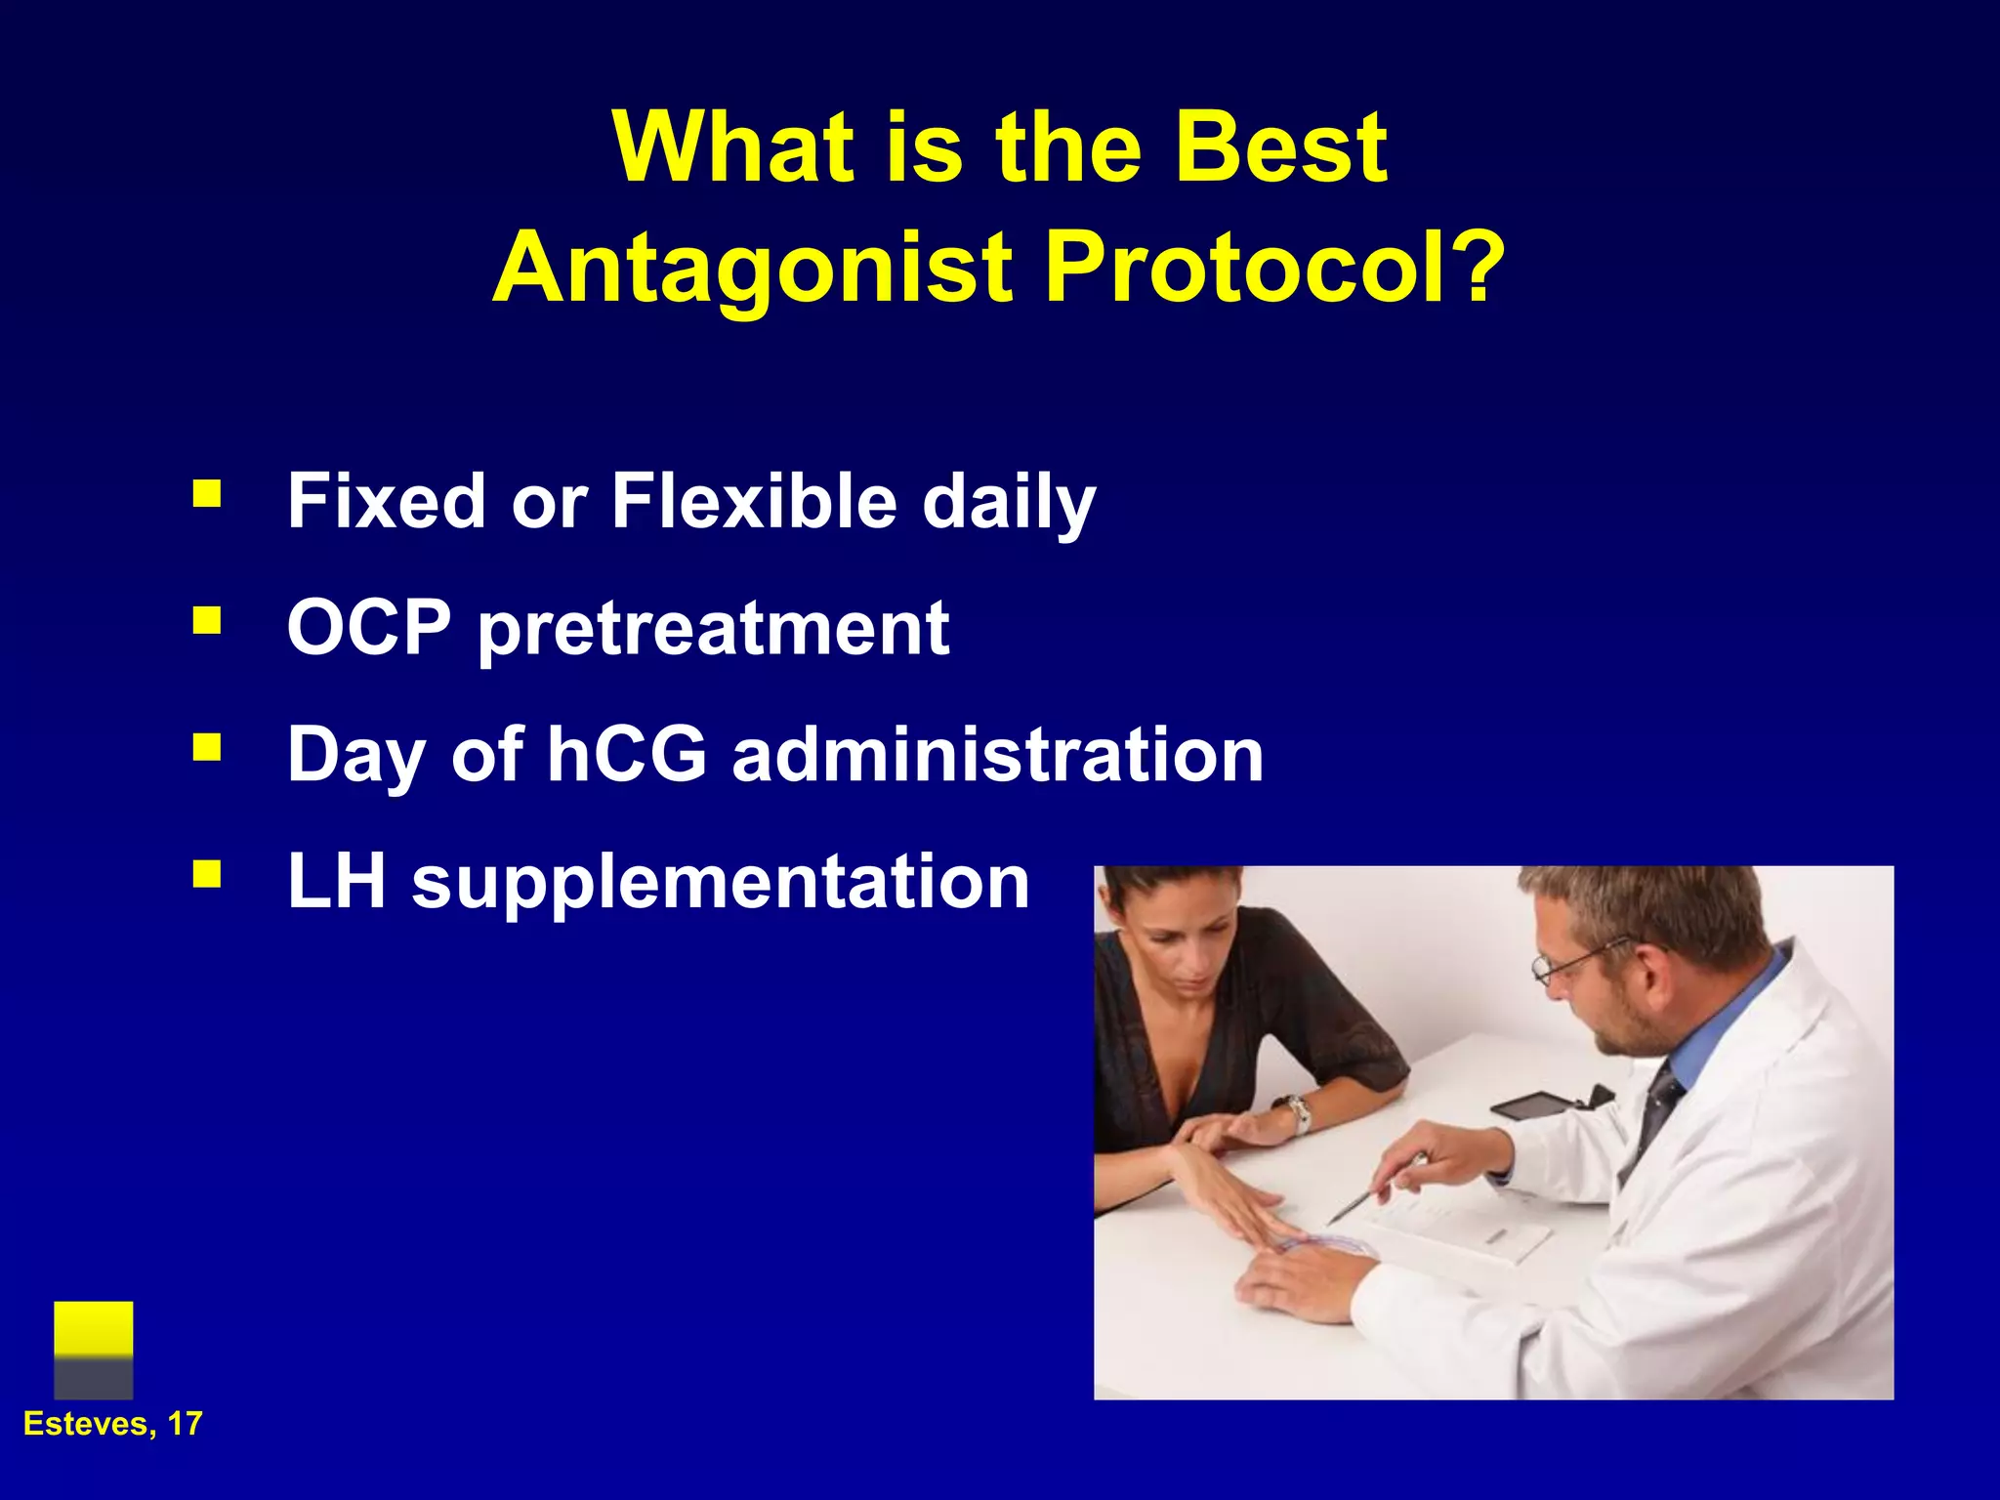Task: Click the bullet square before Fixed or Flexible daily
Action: coord(206,494)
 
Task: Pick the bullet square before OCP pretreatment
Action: coord(206,621)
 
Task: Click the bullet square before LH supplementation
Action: coord(206,874)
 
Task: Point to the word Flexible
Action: coord(754,501)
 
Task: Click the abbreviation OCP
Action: coord(369,627)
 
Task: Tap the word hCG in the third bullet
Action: coord(626,754)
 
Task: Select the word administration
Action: coord(998,754)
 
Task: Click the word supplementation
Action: coord(721,882)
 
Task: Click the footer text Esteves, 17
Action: coord(112,1424)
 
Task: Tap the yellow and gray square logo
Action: coord(94,1349)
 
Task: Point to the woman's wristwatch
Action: coord(1297,1112)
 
